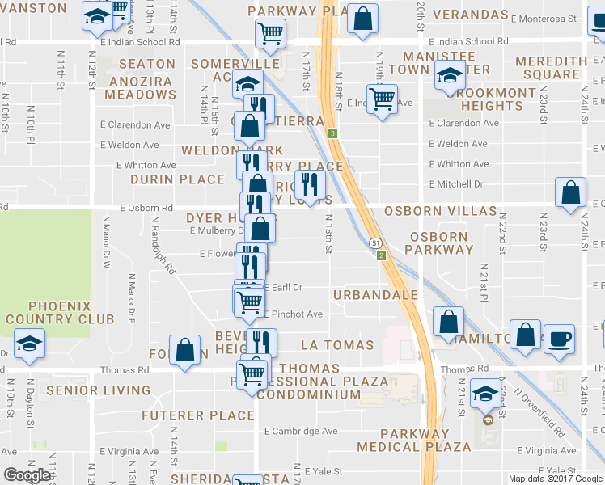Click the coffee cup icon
(558, 337)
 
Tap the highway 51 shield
(376, 242)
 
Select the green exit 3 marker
(332, 133)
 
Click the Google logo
(27, 475)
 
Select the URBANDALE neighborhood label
(374, 295)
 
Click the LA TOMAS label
(337, 345)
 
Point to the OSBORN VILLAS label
(440, 211)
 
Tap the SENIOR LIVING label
(99, 390)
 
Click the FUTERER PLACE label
(198, 415)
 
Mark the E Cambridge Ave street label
(300, 431)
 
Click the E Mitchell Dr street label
(456, 184)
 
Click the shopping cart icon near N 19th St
(382, 99)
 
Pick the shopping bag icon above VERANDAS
(363, 18)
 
